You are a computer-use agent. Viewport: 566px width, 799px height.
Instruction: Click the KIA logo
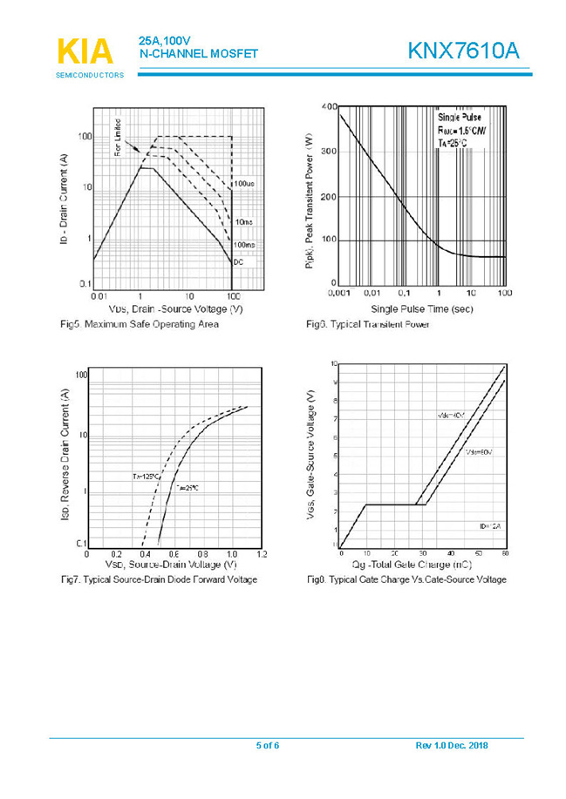[x=85, y=51]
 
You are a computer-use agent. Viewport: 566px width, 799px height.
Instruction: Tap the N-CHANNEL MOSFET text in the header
[x=199, y=54]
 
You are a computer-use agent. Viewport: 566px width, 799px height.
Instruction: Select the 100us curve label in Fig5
[x=244, y=184]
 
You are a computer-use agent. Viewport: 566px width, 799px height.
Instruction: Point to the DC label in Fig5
[x=238, y=262]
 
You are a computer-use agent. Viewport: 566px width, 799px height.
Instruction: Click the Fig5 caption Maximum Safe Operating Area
[x=140, y=324]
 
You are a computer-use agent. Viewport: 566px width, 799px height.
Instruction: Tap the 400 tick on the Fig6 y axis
[x=329, y=106]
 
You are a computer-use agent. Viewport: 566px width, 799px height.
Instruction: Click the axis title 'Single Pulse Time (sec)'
[x=422, y=308]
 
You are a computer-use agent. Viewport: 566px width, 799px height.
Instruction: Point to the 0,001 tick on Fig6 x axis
[x=338, y=294]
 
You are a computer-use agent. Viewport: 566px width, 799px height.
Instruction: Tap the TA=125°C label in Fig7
[x=145, y=477]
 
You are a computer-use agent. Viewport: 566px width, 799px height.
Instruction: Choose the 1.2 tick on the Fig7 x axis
[x=261, y=554]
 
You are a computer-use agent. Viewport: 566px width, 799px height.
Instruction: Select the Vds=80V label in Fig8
[x=479, y=453]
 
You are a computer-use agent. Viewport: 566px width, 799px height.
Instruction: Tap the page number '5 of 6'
[x=267, y=745]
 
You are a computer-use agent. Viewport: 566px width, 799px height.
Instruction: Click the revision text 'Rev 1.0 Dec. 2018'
[x=451, y=745]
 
